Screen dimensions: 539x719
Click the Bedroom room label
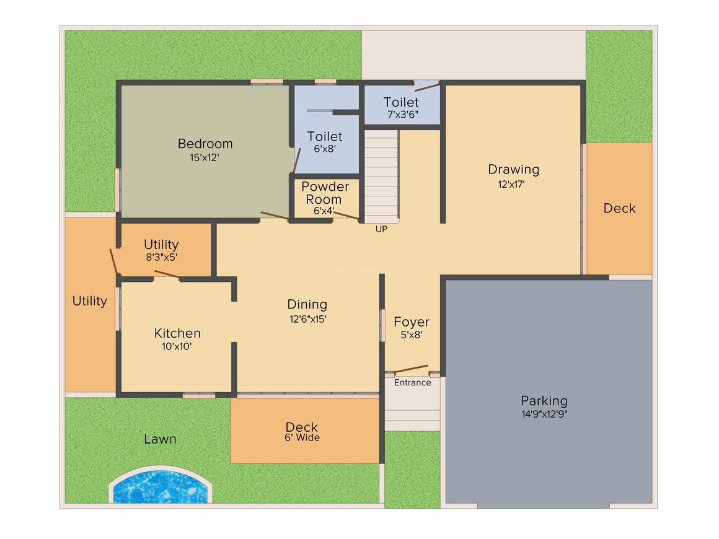coord(205,144)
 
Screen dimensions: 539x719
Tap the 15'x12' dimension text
coord(205,158)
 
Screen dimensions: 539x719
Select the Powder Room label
coord(325,193)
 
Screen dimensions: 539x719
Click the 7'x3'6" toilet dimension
coord(402,115)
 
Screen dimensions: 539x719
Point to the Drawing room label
coord(513,169)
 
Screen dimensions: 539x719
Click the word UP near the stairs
coord(381,229)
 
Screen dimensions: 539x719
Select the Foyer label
coord(412,322)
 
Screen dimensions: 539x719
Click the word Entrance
coord(412,383)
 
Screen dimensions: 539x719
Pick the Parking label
coord(544,401)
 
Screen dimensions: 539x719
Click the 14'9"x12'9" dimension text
coord(544,414)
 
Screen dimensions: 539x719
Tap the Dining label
coord(307,304)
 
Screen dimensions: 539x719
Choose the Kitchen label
coord(177,333)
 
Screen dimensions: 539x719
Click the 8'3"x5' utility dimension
coord(161,257)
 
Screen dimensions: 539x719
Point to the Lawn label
coord(160,439)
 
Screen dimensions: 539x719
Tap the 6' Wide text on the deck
coord(302,438)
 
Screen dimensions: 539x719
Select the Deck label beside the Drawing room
coord(619,209)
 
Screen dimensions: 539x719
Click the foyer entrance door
coord(410,369)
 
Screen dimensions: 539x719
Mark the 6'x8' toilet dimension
coord(324,149)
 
